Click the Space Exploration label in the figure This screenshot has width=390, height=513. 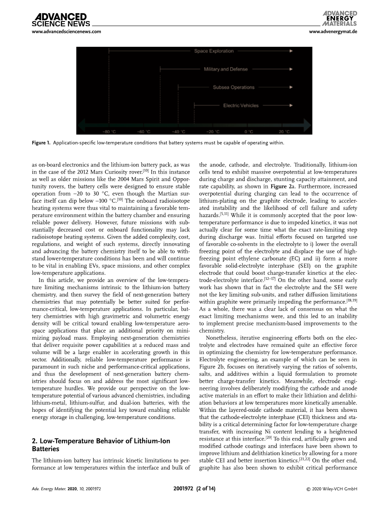point(214,51)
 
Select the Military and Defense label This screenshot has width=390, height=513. point(226,69)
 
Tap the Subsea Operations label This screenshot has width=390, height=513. point(234,87)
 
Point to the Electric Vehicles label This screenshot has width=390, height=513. point(241,105)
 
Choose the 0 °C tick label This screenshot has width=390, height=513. point(248,131)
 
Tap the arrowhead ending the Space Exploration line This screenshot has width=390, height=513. point(290,51)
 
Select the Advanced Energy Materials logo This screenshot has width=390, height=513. point(340,19)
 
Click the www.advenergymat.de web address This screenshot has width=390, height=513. point(333,32)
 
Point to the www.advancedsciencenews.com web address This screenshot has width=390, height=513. point(67,32)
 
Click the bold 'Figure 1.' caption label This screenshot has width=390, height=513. point(41,142)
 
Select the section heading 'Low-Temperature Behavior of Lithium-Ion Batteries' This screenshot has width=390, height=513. point(101,445)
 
